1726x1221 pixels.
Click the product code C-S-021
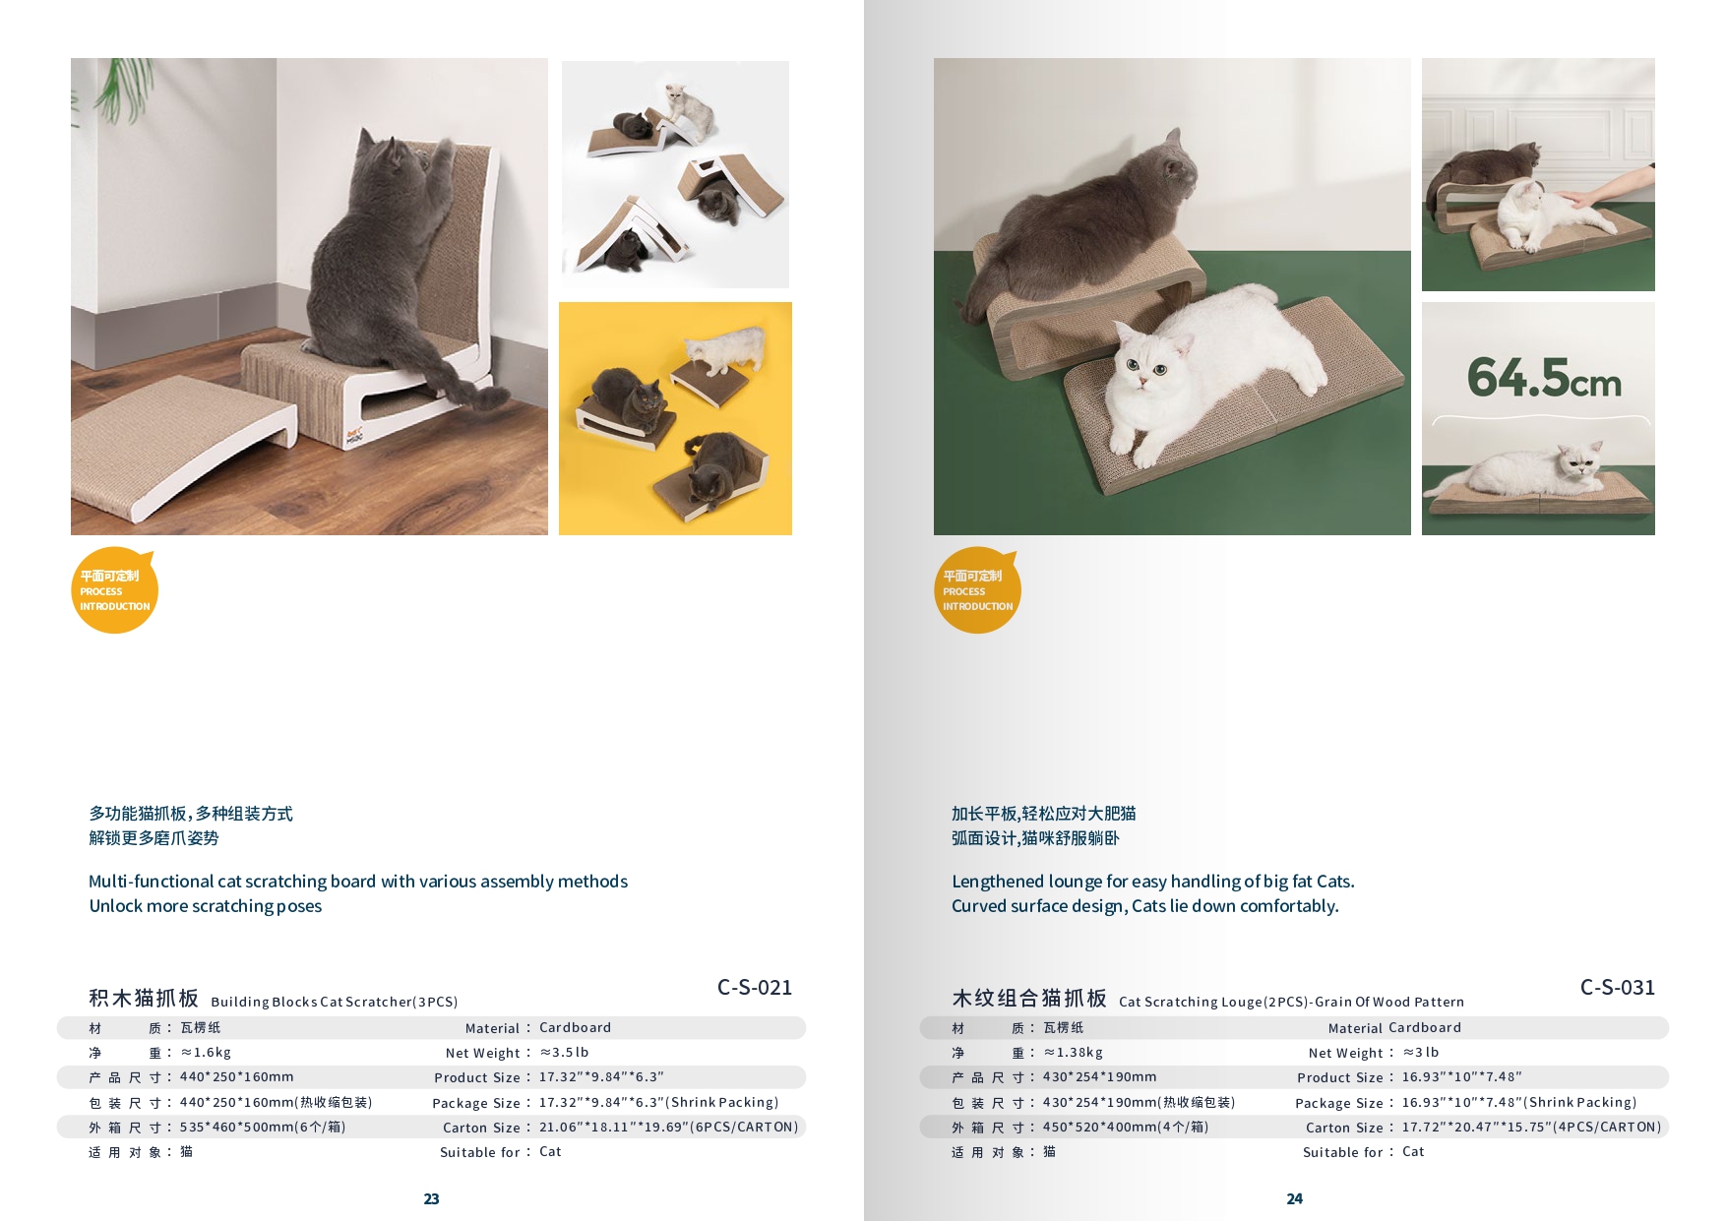[755, 987]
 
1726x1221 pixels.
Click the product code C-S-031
[1618, 987]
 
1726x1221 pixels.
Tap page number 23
[431, 1198]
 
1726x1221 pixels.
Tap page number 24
[1294, 1198]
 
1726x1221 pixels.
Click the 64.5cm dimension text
[1544, 378]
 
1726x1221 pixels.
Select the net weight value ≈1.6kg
[206, 1052]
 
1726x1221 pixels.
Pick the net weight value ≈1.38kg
[1074, 1052]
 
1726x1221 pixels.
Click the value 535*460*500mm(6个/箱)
[263, 1127]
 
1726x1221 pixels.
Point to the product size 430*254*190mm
[1100, 1076]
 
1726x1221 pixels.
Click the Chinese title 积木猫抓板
[144, 998]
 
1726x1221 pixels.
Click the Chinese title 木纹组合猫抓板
[1029, 998]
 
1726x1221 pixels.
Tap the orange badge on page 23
[114, 590]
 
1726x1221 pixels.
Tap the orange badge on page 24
[977, 590]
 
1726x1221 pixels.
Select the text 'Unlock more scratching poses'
[206, 906]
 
